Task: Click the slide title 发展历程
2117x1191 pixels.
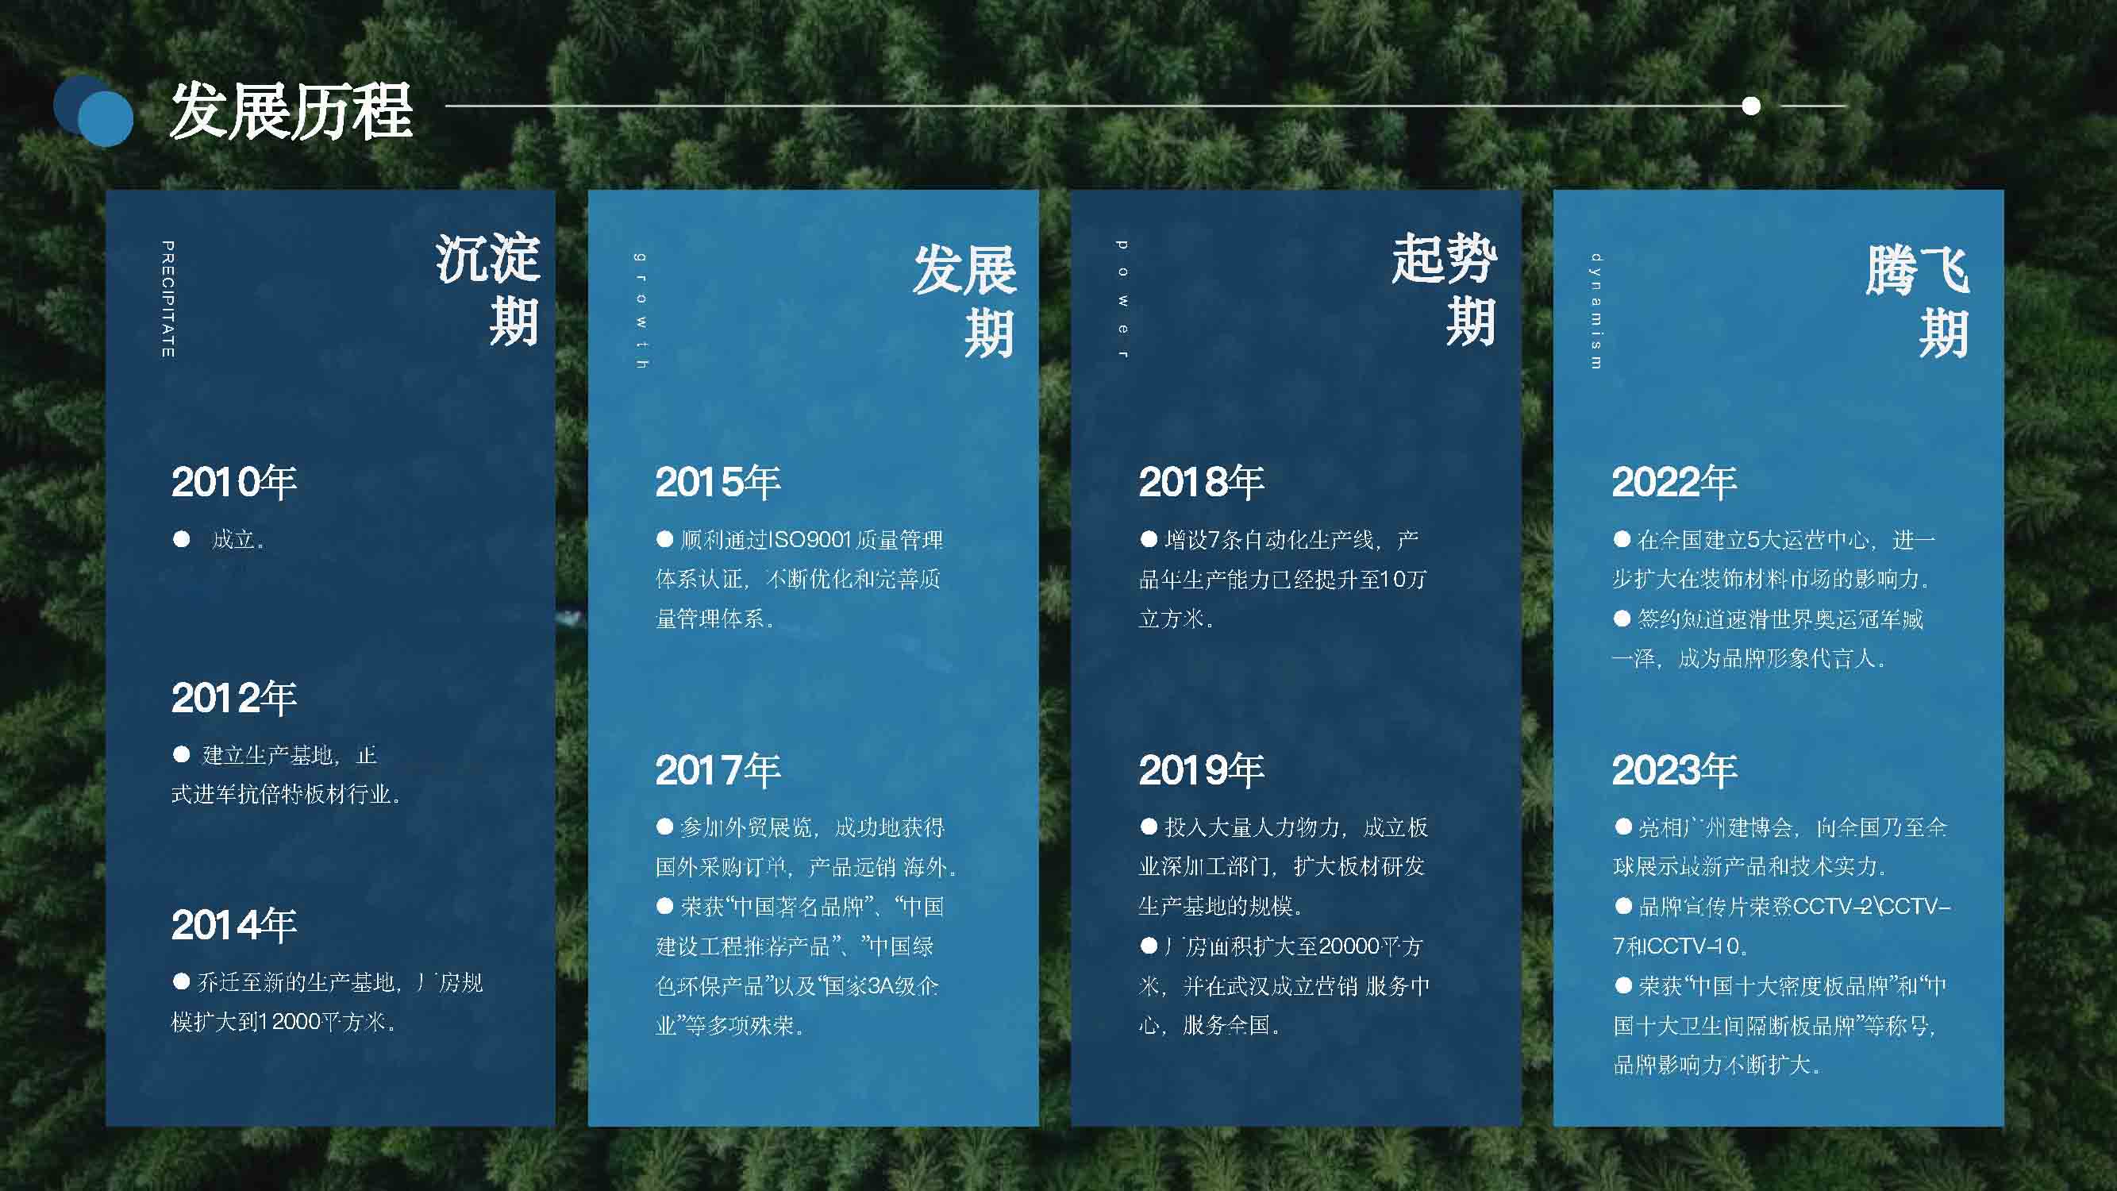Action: pos(291,111)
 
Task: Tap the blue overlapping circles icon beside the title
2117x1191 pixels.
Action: pos(93,111)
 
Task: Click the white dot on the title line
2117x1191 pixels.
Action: pos(1751,106)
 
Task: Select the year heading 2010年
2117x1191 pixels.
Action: pos(234,482)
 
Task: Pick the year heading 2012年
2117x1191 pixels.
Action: pos(234,698)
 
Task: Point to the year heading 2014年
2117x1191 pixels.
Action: pos(234,925)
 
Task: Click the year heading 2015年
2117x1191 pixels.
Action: pos(718,482)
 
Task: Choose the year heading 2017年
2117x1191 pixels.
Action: pos(718,770)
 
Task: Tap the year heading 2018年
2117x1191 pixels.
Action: pos(1202,482)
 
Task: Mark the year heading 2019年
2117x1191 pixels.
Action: pos(1202,770)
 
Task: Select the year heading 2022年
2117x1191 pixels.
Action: pos(1675,482)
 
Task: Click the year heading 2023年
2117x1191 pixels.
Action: pos(1675,770)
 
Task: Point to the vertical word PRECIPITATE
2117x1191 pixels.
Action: pos(167,299)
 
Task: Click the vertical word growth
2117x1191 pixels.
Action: pos(641,310)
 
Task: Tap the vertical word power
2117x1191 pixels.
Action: pos(1122,299)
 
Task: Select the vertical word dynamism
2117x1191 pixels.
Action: pos(1596,310)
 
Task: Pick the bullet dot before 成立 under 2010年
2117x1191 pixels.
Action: pos(182,539)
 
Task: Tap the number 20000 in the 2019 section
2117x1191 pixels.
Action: pos(1349,946)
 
